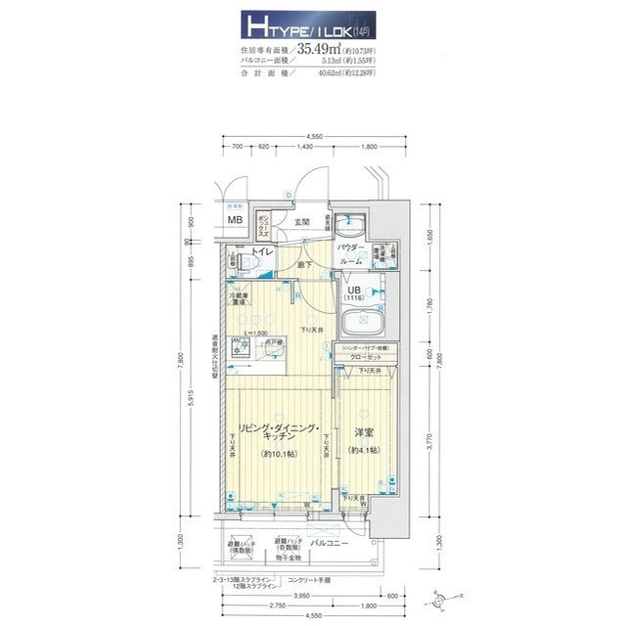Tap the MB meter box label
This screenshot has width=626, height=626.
tap(236, 220)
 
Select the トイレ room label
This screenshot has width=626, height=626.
tap(261, 253)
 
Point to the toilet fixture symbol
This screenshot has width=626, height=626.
tap(238, 261)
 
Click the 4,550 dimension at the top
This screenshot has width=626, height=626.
tap(314, 136)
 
